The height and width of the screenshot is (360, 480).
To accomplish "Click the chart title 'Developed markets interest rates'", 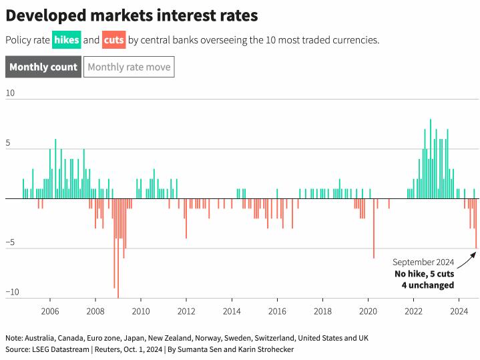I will coord(132,15).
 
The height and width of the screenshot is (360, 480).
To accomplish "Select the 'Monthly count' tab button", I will coord(43,67).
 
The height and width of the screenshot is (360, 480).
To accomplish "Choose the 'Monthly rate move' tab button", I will coord(129,67).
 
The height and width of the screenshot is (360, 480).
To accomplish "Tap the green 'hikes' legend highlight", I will coord(67,40).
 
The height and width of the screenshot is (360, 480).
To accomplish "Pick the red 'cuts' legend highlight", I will coord(114,40).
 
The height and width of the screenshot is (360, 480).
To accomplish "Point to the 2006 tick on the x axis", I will coord(49,311).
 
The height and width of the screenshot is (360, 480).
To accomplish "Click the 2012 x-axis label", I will coord(186,311).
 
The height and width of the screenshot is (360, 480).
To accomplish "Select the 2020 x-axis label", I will coord(369,311).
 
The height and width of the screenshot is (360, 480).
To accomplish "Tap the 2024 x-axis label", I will coord(459,311).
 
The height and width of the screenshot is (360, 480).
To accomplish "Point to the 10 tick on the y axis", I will coord(10,93).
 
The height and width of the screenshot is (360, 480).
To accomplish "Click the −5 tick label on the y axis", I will coord(10,242).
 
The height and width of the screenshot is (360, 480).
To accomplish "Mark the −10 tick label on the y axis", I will coord(12,292).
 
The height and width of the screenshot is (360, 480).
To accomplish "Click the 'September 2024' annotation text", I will coord(423,262).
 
